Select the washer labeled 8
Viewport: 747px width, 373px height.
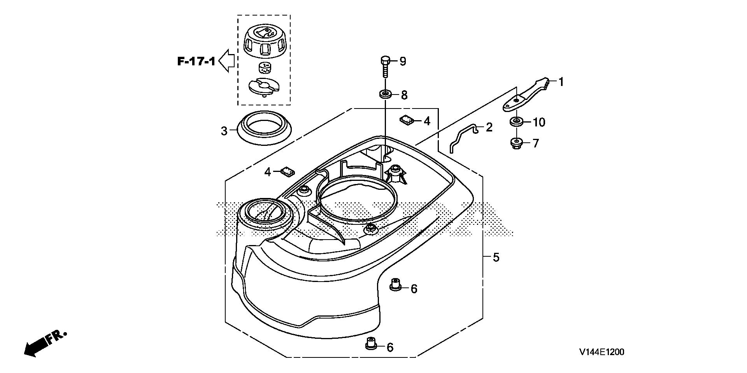385,94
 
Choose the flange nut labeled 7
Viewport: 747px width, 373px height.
516,144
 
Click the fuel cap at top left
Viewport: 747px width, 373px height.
263,45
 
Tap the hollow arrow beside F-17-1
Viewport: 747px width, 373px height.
226,61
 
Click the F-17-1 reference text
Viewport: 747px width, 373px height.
196,61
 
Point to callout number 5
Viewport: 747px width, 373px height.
496,257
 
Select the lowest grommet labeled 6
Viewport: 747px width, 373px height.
370,344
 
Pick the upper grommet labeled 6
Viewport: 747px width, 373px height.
395,285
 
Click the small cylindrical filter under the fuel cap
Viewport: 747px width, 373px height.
264,68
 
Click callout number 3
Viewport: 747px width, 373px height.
224,131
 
